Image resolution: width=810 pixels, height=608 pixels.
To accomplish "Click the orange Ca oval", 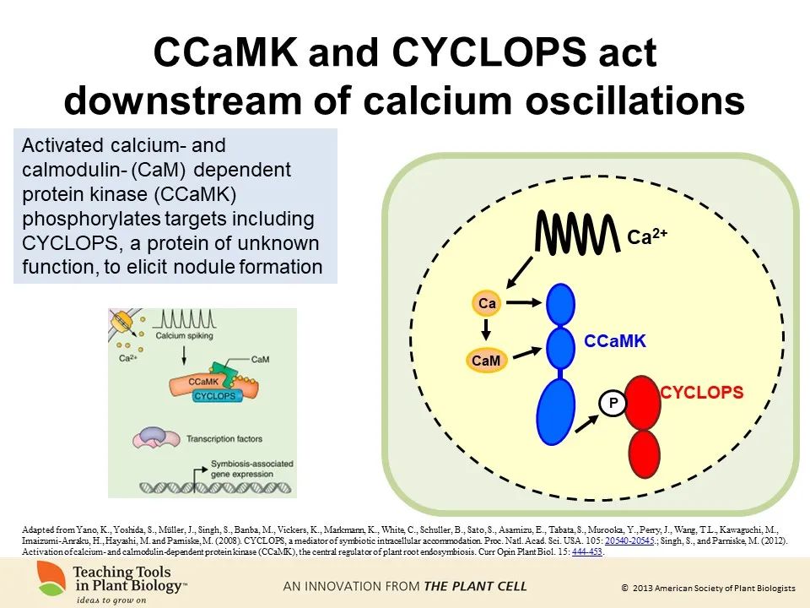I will pyautogui.click(x=487, y=302).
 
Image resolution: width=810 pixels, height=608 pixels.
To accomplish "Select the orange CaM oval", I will pyautogui.click(x=487, y=361).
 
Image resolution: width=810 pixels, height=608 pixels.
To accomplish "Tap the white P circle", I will pyautogui.click(x=613, y=404).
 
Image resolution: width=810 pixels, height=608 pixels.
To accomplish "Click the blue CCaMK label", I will pyautogui.click(x=615, y=341).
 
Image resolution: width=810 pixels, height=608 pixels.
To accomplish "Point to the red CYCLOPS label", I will pyautogui.click(x=701, y=393).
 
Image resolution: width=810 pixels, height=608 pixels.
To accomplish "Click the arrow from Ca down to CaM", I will pyautogui.click(x=487, y=331).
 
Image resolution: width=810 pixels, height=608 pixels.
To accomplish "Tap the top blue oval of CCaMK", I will pyautogui.click(x=560, y=306).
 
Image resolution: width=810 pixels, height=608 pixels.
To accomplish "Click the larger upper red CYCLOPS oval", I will pyautogui.click(x=642, y=401).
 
